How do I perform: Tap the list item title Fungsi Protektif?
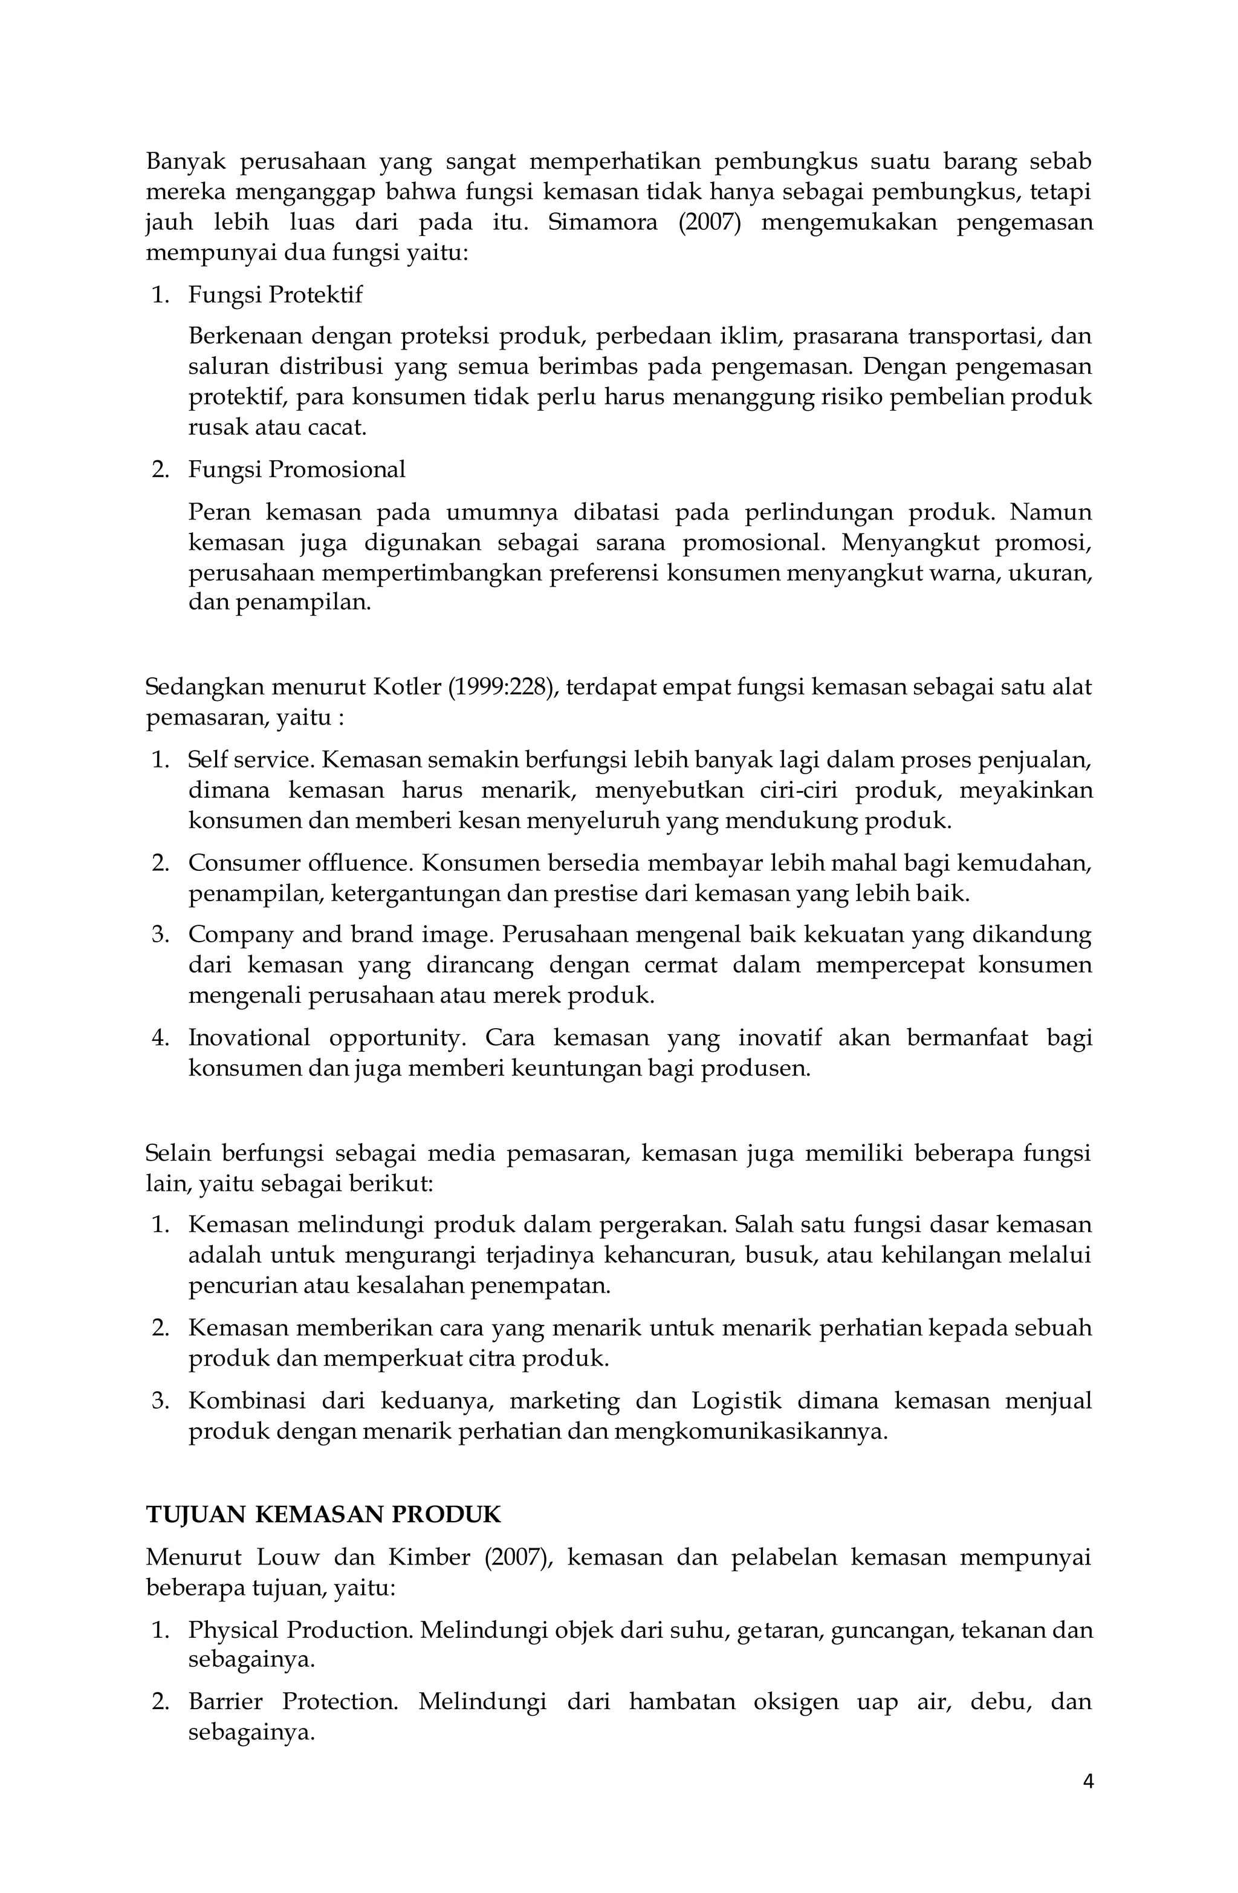point(275,295)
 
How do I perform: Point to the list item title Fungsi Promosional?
point(297,469)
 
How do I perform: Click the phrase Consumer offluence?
point(300,863)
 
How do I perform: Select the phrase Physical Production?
point(300,1630)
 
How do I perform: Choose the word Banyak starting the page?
point(186,162)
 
